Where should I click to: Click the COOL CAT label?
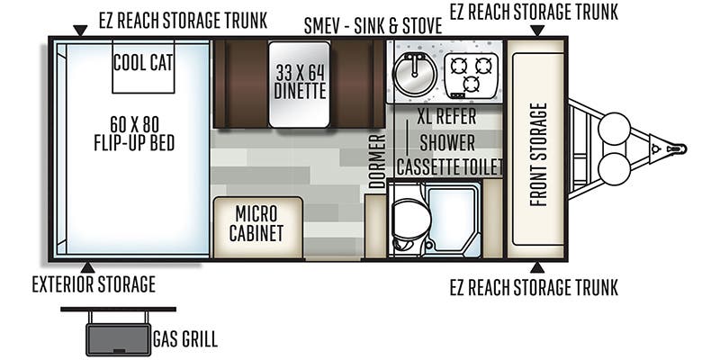click(x=143, y=62)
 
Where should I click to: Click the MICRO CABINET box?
click(x=258, y=224)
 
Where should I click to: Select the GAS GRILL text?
click(x=184, y=341)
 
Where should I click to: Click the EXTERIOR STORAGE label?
click(x=94, y=285)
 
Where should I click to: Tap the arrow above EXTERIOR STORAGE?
click(x=87, y=267)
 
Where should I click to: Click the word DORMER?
click(x=377, y=161)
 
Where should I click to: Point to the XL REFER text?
click(x=445, y=119)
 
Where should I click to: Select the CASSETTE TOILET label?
click(x=449, y=166)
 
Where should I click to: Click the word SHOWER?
click(x=445, y=143)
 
